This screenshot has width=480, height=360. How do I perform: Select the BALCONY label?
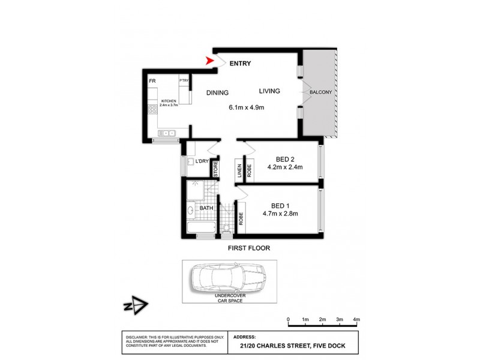[321, 92]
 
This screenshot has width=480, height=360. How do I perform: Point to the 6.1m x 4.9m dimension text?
[247, 108]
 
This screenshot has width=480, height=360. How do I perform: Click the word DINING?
[217, 92]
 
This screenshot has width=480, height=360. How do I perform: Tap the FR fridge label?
[154, 80]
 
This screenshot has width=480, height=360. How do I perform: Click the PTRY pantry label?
[184, 80]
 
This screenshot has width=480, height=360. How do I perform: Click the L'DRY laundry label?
[202, 161]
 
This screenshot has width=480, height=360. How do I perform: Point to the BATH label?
[206, 209]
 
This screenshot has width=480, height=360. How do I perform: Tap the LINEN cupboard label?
[239, 172]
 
